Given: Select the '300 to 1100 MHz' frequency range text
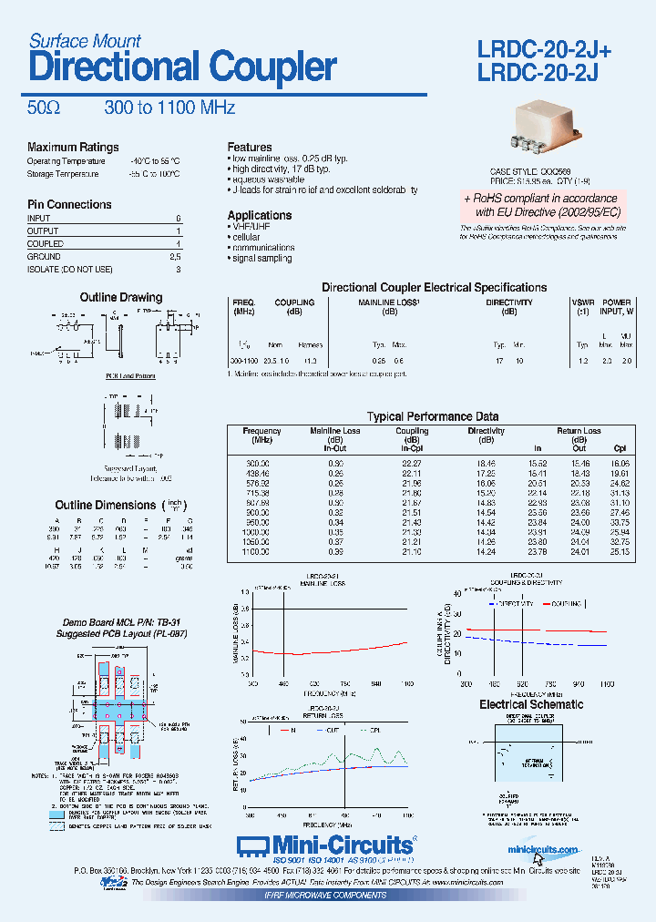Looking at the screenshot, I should tap(169, 108).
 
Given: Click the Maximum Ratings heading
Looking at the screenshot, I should tap(73, 148).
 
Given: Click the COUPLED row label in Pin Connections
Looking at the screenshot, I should tap(46, 244).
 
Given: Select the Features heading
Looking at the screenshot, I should tap(250, 147).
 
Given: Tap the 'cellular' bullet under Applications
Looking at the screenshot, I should tap(246, 237).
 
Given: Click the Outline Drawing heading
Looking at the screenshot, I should tap(121, 297).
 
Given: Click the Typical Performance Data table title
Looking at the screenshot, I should tap(433, 416).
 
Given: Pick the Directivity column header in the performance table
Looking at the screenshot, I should tap(486, 431).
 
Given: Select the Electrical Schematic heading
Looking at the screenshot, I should tap(531, 704).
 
